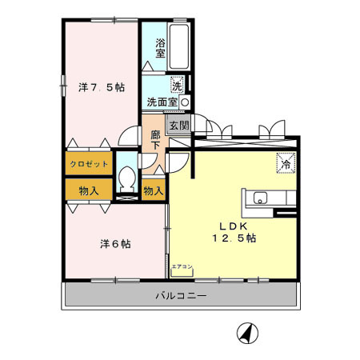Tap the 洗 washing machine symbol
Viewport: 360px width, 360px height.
(x=177, y=83)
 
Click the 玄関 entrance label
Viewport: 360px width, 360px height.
(x=179, y=126)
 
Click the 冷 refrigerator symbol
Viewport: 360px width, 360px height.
(x=285, y=162)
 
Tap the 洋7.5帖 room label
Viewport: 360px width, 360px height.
(x=101, y=86)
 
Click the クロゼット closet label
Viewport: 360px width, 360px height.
(x=88, y=164)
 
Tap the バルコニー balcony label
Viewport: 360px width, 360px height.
(x=181, y=297)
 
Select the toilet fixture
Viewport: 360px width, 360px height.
(x=126, y=179)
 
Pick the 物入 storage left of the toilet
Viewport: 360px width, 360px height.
(x=89, y=190)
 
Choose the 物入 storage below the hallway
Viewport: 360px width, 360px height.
(x=154, y=190)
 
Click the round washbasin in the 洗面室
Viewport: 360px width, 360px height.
(x=185, y=102)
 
